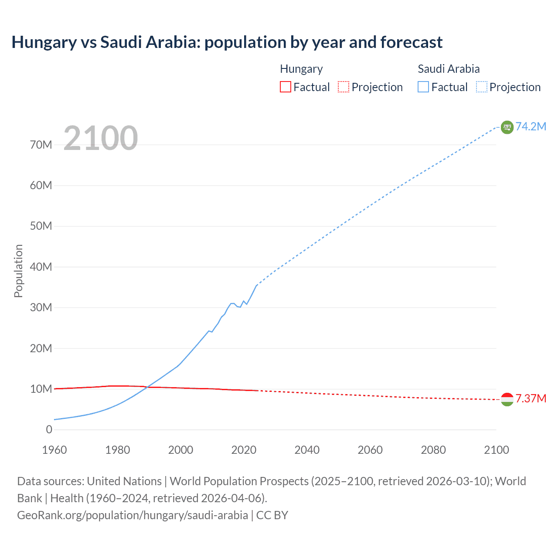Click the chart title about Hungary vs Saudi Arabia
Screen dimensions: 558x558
[227, 42]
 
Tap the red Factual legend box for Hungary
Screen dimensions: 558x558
[285, 87]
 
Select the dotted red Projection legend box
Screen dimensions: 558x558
[344, 87]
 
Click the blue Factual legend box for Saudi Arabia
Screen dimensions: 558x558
[423, 87]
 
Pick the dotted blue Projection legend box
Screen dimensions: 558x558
[482, 87]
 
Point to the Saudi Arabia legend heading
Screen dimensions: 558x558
[449, 69]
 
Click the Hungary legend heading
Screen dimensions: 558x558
[301, 69]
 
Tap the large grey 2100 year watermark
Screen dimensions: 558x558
[101, 138]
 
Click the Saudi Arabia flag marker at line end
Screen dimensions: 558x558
[507, 127]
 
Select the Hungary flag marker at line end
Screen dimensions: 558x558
[507, 399]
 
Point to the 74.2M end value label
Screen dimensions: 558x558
[531, 126]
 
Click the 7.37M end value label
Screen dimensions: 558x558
[531, 399]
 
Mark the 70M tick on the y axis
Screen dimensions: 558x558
[41, 145]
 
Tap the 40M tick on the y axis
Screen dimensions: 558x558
[41, 267]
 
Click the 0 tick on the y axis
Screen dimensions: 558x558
[49, 429]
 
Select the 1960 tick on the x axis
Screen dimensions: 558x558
[54, 450]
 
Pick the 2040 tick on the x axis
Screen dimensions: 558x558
[307, 450]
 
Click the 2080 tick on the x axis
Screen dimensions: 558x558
[433, 450]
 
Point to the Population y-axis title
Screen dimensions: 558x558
[18, 271]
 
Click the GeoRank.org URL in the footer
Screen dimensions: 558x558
[133, 515]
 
